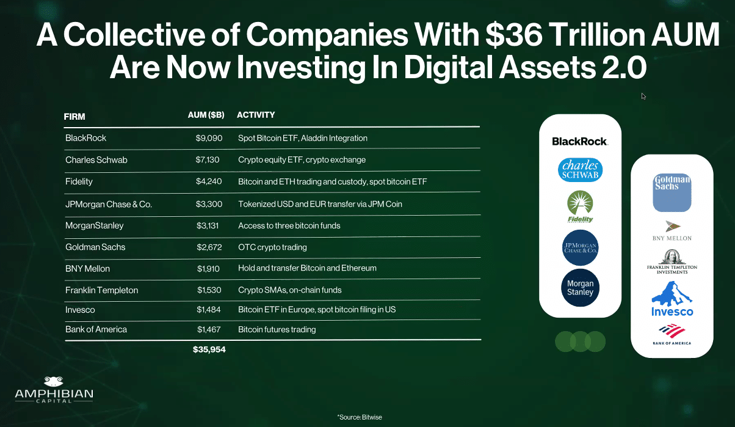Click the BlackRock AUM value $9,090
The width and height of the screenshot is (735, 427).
pos(209,138)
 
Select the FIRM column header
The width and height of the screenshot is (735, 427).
pos(74,115)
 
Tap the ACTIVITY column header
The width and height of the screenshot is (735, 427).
pos(256,115)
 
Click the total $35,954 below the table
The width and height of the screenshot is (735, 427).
pos(209,350)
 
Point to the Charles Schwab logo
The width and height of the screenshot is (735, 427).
pos(580,170)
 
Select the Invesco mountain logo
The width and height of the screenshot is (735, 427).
pos(672,299)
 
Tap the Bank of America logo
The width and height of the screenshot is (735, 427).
pos(672,335)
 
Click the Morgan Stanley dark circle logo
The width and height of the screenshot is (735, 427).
pos(580,288)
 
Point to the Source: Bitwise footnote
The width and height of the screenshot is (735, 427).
pos(359,417)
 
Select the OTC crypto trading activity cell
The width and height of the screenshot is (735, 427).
pos(272,247)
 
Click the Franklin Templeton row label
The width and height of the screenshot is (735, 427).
pos(101,290)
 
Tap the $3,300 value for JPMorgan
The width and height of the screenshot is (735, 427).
pos(209,204)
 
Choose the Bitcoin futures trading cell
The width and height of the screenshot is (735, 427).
pos(277,329)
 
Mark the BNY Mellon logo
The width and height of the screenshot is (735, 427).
pos(672,230)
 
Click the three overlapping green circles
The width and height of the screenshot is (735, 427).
pos(580,341)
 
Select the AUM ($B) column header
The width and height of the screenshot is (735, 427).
pos(206,115)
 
